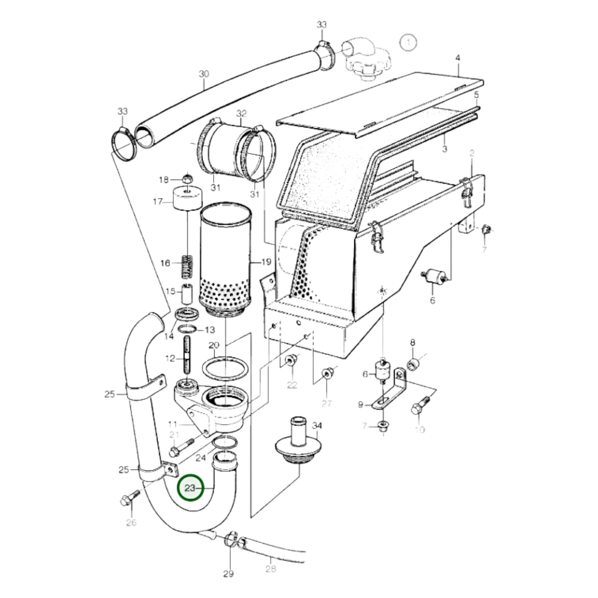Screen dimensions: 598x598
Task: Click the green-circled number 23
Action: point(190,488)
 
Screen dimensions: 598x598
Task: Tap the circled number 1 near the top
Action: point(408,42)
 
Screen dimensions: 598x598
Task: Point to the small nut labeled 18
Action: point(186,179)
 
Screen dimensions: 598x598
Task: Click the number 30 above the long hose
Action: point(204,74)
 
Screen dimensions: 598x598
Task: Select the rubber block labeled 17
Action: point(187,199)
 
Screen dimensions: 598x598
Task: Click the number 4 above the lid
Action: point(458,58)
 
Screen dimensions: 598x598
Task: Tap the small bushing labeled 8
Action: point(413,364)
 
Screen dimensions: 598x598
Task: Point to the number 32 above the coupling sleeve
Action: point(241,113)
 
